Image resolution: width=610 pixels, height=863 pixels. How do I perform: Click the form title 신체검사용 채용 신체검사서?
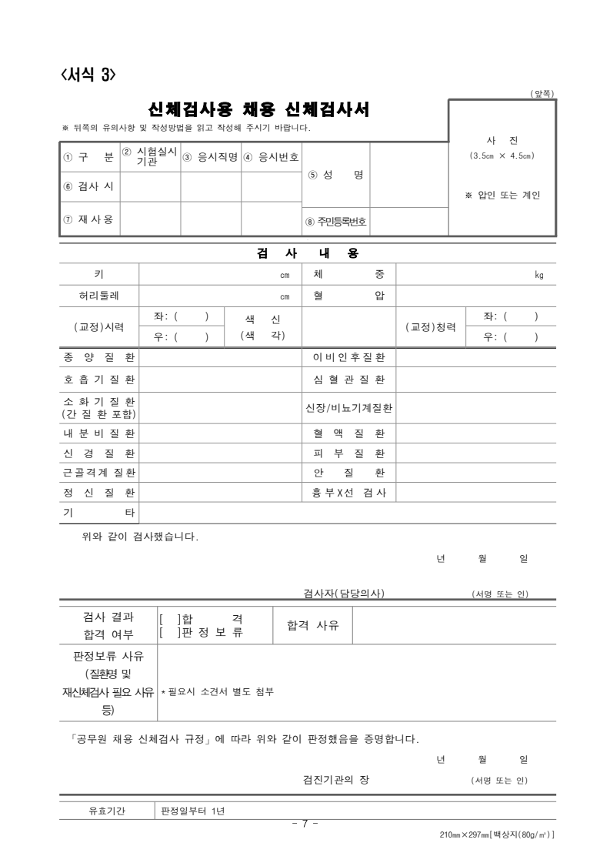pos(258,110)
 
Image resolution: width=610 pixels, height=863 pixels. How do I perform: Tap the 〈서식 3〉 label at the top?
pos(88,75)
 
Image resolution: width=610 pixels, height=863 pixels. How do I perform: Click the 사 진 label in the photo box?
pos(502,140)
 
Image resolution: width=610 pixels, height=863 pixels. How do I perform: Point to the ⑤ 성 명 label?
pos(335,175)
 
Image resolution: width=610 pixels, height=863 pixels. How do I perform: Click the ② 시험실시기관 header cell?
pos(151,156)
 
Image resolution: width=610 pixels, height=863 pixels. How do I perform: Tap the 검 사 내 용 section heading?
pos(308,253)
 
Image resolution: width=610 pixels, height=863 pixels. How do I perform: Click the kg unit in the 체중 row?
pos(538,275)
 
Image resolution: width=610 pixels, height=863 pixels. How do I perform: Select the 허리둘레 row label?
pos(98,296)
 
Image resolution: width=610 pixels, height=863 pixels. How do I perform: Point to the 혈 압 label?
pos(348,296)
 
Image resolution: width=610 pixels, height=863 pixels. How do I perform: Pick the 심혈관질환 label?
pos(348,380)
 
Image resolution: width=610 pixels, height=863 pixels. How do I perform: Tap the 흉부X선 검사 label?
pos(348,492)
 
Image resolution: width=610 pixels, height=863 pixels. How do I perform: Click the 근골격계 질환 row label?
pos(98,473)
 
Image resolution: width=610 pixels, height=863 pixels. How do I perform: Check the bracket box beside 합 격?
pos(168,617)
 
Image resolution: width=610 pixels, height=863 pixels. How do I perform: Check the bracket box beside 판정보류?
pos(168,633)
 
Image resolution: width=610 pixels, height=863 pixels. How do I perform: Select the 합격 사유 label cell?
pos(312,625)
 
